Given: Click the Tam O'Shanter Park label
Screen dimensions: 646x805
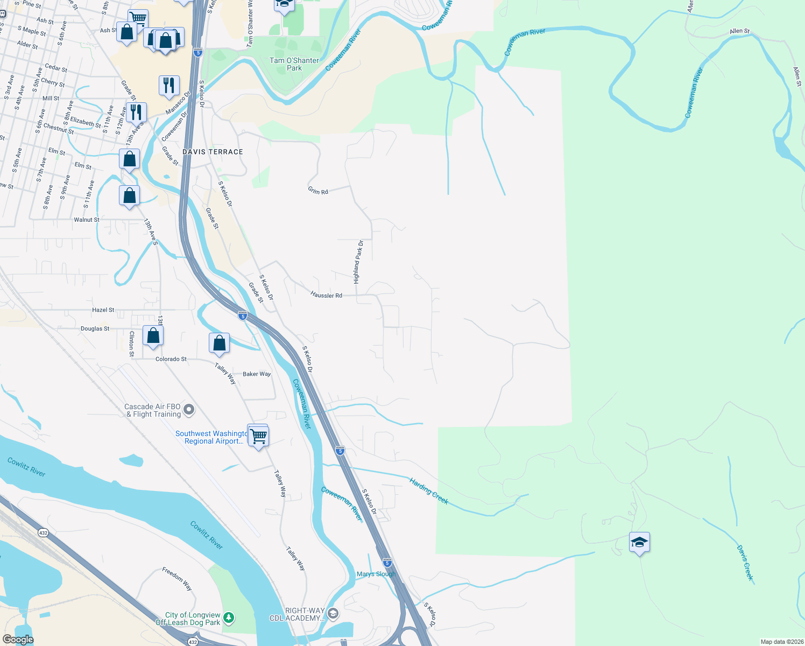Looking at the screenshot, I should point(294,64).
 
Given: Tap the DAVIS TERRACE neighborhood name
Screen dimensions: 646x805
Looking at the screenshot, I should point(213,152).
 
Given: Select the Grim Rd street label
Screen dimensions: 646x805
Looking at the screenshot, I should point(317,191).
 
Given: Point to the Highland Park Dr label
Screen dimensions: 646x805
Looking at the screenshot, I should point(358,262).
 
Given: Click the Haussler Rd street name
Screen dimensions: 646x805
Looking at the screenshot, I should point(326,295).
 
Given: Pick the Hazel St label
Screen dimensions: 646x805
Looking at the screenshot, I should point(103,310).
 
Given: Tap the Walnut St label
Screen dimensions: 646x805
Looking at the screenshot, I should point(87,220).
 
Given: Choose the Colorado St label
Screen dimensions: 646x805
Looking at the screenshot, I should point(171,359).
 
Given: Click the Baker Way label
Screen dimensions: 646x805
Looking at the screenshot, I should point(257,374).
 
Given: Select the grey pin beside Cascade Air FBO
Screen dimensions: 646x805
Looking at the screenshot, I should point(189,410).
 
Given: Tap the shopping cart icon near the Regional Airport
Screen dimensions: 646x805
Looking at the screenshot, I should point(258,436).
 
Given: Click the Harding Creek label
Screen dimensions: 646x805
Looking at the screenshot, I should point(429,490).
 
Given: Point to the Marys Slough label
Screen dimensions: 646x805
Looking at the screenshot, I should point(376,574).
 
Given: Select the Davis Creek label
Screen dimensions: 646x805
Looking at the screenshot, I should point(745,563).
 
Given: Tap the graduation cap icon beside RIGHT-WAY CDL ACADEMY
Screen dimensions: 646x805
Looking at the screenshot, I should point(333,614).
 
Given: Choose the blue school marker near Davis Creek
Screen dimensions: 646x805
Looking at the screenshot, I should point(639,543).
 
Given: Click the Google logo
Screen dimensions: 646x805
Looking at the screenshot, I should point(18,640).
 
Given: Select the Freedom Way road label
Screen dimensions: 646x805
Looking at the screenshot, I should point(177,579).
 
